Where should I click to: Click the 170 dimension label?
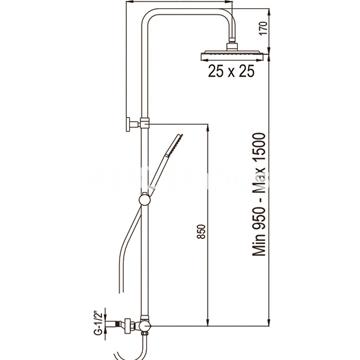(263, 30)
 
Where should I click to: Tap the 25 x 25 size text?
(231, 71)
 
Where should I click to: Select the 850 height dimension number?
(201, 232)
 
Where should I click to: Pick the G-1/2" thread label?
(98, 322)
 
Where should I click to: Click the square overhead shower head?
(232, 55)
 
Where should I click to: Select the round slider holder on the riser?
(145, 200)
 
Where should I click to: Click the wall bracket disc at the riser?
(128, 125)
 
